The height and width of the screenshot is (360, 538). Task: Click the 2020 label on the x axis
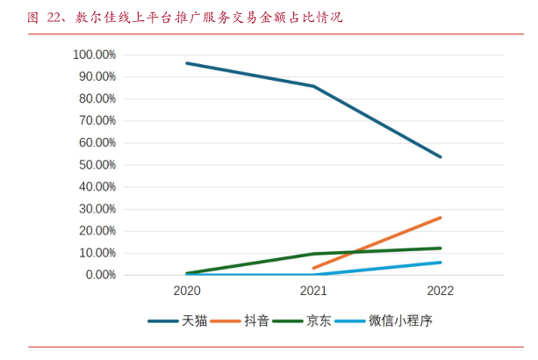(187, 291)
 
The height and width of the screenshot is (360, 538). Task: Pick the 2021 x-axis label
(313, 291)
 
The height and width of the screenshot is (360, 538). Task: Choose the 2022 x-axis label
(441, 291)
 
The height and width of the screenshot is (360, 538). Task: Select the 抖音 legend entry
(257, 321)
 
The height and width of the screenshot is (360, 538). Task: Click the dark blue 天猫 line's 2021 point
(313, 86)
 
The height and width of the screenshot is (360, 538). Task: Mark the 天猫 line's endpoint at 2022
(441, 157)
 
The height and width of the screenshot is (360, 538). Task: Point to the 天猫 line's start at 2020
(187, 63)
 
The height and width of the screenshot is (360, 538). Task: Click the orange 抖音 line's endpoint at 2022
(441, 217)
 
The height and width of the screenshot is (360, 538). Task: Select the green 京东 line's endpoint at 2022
(441, 248)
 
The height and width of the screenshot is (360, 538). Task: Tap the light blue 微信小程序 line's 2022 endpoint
(441, 262)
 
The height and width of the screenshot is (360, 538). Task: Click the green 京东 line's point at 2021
(313, 254)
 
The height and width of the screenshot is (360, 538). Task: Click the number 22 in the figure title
(54, 17)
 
